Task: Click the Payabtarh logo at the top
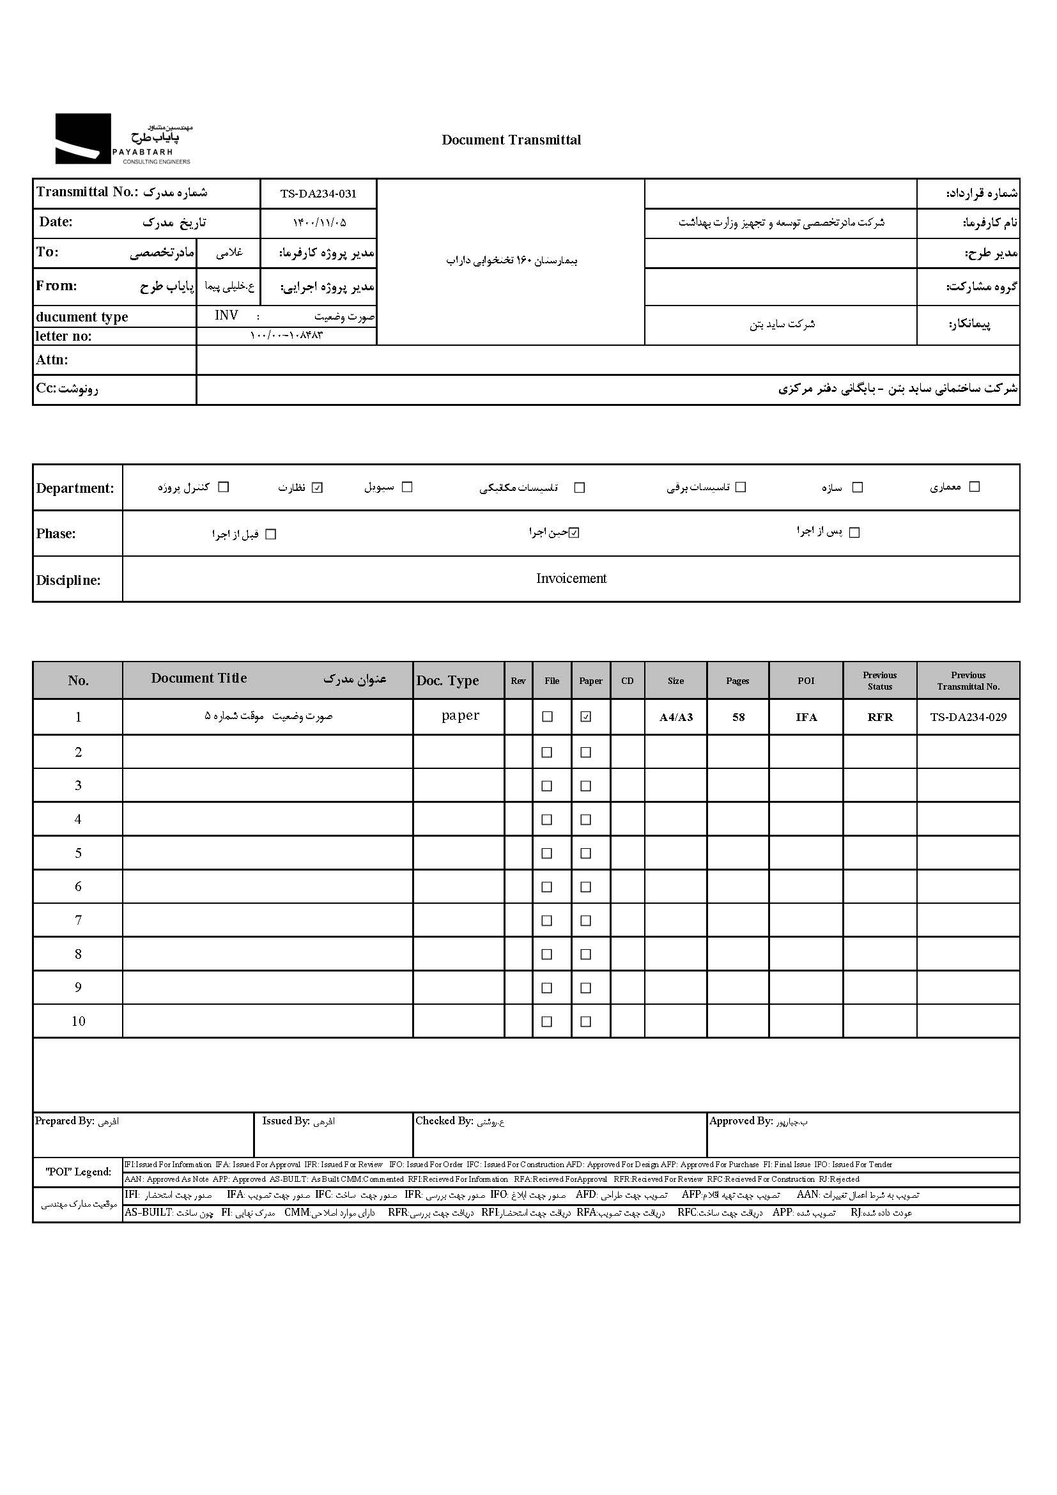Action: click(124, 139)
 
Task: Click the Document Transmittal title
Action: click(511, 140)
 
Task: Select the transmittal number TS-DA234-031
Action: click(318, 194)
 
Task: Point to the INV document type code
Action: click(226, 316)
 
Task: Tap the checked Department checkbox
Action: click(317, 488)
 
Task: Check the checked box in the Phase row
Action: click(573, 533)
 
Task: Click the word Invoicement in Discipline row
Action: click(571, 578)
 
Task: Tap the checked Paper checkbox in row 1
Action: click(586, 717)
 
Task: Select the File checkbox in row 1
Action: click(548, 717)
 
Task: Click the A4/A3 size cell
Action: click(675, 718)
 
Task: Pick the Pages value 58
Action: click(738, 718)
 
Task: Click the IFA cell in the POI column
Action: click(806, 718)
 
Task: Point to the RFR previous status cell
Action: click(880, 718)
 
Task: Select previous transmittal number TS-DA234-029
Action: click(968, 718)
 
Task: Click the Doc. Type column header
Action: click(448, 681)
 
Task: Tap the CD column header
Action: click(628, 681)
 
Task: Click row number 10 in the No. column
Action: click(78, 1021)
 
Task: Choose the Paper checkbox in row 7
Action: click(586, 920)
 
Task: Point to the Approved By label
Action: click(741, 1120)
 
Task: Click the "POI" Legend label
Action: click(78, 1172)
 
